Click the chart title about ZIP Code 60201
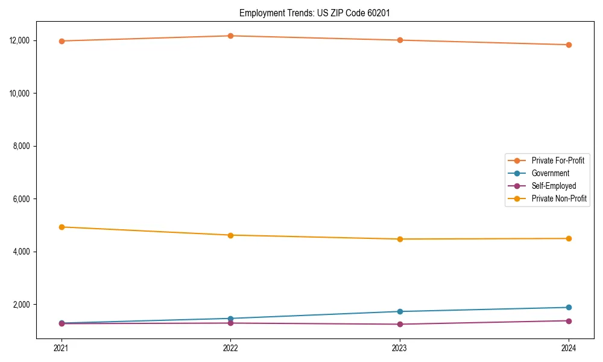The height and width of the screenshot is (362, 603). (318, 13)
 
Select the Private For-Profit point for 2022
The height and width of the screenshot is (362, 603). (230, 36)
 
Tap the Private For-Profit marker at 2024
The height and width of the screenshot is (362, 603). (569, 45)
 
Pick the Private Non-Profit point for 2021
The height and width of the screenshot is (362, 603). (62, 227)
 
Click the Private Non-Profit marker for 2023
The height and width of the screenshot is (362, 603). (400, 239)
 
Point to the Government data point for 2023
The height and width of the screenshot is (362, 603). (400, 311)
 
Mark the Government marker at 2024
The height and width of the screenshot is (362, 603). (569, 308)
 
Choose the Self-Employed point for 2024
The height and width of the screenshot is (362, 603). (569, 321)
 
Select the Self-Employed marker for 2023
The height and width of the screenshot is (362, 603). (400, 324)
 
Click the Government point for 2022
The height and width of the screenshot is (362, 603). (230, 319)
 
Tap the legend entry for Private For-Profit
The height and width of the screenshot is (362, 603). (558, 160)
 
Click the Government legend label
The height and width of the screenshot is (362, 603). (550, 173)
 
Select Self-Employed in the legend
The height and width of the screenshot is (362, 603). (554, 186)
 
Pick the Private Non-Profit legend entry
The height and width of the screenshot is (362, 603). (559, 198)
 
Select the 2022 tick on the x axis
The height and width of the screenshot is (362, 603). (230, 348)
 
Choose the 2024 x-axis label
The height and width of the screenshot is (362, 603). (569, 348)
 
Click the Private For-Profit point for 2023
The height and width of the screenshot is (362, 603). (400, 40)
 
